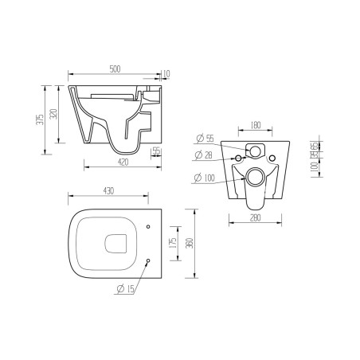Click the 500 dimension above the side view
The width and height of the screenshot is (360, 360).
coord(117,69)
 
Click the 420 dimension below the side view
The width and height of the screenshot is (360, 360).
coord(118,162)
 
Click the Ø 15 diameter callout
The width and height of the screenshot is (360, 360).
coord(126,288)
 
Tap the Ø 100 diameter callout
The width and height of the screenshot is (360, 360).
coord(206,177)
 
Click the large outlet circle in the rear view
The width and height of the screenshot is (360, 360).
coord(255,177)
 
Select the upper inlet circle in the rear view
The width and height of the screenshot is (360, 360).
coord(255,151)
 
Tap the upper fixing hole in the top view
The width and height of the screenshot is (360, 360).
coord(149,229)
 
